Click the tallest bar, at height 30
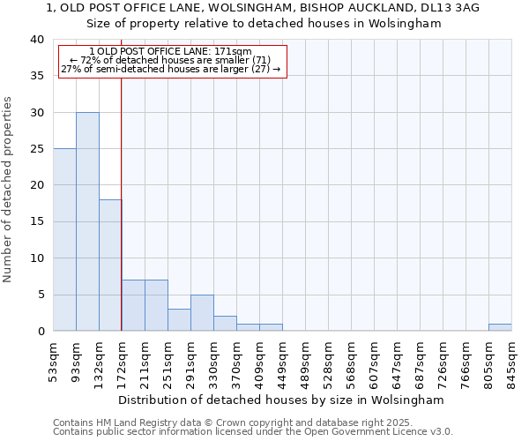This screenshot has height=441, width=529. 87,221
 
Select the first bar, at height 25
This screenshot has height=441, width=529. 64,240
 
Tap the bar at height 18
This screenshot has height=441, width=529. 110,265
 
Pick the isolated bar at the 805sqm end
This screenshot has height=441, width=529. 500,327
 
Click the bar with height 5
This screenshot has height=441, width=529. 202,312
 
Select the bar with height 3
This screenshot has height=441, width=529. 179,320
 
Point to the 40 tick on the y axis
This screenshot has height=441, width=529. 37,40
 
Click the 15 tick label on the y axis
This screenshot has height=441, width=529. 37,221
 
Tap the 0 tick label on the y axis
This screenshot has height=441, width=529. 41,331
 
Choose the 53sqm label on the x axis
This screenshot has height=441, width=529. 54,356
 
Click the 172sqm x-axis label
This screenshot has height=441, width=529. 123,358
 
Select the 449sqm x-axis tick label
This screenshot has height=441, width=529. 283,358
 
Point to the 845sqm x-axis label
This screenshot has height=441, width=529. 512,358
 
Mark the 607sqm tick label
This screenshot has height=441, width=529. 375,358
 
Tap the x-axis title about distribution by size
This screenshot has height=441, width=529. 281,400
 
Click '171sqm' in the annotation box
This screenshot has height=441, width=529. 234,52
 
